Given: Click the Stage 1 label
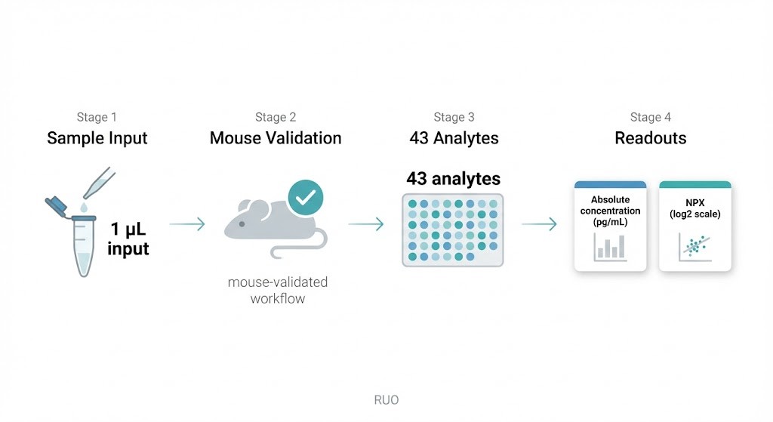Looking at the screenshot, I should (x=97, y=117).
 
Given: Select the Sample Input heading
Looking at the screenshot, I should (x=97, y=138).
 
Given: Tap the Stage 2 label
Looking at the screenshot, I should (x=276, y=117).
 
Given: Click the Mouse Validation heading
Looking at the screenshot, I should (x=276, y=138).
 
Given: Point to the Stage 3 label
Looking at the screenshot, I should (x=454, y=117).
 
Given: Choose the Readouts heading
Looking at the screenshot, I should (x=650, y=138).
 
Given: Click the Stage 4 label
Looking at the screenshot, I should (x=650, y=117).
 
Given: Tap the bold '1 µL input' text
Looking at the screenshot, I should (x=128, y=239).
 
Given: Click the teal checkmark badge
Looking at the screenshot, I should (x=305, y=198).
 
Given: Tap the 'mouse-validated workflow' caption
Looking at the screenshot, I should (x=278, y=290).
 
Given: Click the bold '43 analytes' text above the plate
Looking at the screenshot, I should (x=453, y=179).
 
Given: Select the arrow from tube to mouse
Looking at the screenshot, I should (x=186, y=224).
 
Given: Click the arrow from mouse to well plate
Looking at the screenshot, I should (x=365, y=224).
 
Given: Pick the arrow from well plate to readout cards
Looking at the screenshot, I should (x=539, y=224).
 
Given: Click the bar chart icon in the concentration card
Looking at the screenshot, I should (x=609, y=247).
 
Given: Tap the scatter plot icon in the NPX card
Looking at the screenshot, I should (x=694, y=247).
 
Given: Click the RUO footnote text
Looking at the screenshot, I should (x=386, y=399).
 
